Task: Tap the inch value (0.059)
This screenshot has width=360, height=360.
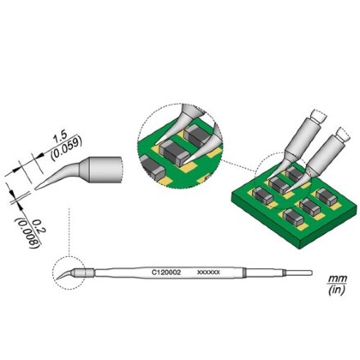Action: click(x=66, y=148)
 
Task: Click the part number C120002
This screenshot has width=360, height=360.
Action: click(x=166, y=272)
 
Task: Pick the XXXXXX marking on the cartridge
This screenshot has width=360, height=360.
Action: click(x=209, y=272)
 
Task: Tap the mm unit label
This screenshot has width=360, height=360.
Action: click(x=337, y=279)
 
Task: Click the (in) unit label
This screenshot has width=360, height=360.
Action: click(x=337, y=290)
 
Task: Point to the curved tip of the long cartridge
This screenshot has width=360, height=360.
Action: click(x=63, y=275)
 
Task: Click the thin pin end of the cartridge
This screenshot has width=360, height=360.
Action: click(x=299, y=272)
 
